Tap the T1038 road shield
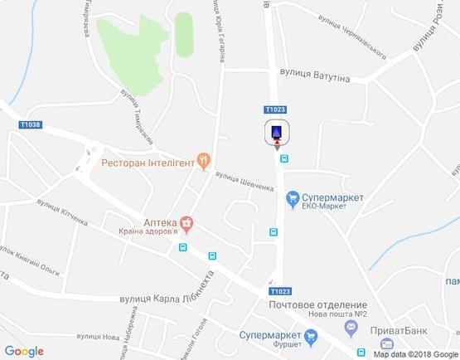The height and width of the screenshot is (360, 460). click(30, 125)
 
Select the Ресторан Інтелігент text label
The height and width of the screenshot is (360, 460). click(147, 163)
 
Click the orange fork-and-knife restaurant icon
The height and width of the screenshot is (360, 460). click(203, 162)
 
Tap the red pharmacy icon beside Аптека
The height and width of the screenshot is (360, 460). click(188, 222)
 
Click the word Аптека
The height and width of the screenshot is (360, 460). click(160, 221)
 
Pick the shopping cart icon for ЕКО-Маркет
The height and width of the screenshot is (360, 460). click(293, 197)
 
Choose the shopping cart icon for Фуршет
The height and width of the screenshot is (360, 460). click(312, 336)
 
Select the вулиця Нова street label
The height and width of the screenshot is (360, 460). click(99, 338)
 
